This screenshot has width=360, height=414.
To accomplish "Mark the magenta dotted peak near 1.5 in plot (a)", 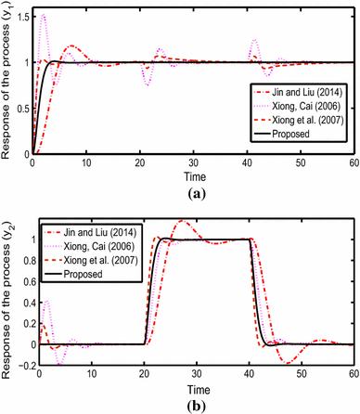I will (x=44, y=16).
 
